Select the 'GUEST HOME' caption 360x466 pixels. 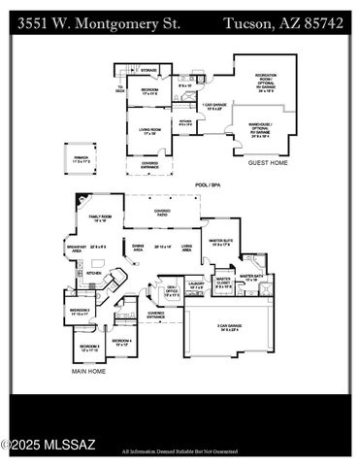[x=267, y=163]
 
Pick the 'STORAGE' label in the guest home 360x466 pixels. [x=148, y=71]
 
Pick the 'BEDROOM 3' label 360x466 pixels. [x=89, y=347]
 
